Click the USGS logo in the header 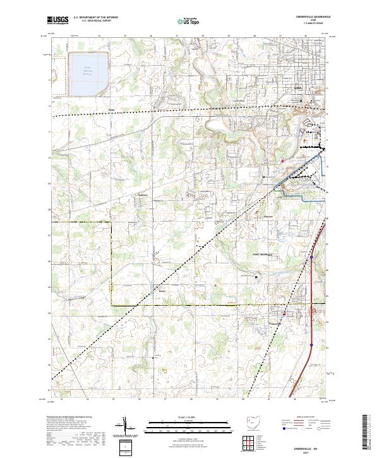click(x=57, y=20)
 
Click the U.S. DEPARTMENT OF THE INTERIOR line click(x=95, y=18)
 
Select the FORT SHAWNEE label click(x=262, y=254)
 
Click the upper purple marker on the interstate click(x=311, y=258)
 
